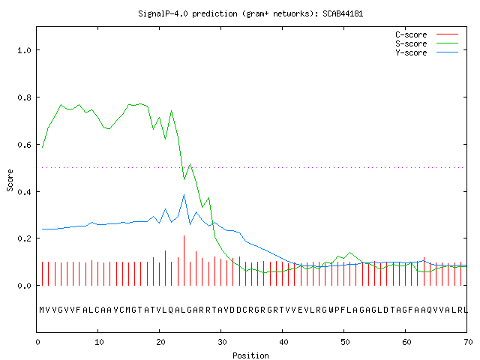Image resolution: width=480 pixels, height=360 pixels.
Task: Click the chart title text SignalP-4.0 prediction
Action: click(187, 13)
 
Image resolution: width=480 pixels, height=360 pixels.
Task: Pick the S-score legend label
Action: click(411, 43)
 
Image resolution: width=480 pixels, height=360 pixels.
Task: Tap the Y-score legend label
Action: click(411, 52)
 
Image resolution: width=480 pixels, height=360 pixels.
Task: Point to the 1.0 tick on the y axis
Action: click(24, 50)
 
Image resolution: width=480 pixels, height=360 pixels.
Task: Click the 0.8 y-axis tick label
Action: click(24, 97)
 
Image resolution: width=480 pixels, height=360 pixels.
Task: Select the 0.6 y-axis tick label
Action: click(24, 145)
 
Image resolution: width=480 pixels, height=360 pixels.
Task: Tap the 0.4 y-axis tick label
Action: click(24, 192)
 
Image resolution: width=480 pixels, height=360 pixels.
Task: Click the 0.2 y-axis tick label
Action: click(24, 238)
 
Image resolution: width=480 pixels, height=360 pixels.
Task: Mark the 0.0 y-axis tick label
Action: click(24, 286)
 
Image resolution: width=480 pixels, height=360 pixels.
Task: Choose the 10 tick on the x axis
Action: click(99, 342)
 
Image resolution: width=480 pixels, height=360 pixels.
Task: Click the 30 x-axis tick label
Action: click(222, 342)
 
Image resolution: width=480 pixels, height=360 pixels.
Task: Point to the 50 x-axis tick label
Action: click(345, 342)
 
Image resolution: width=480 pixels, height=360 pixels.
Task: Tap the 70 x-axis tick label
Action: click(468, 342)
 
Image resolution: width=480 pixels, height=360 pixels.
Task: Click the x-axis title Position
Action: click(250, 355)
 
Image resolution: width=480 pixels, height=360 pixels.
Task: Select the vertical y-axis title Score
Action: click(10, 181)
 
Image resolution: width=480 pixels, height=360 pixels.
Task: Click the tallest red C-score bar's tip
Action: click(184, 235)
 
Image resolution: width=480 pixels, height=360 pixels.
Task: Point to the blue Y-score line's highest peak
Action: click(184, 195)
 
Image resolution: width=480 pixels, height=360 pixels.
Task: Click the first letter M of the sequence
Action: click(42, 310)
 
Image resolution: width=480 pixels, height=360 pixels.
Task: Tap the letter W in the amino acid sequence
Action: click(331, 310)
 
